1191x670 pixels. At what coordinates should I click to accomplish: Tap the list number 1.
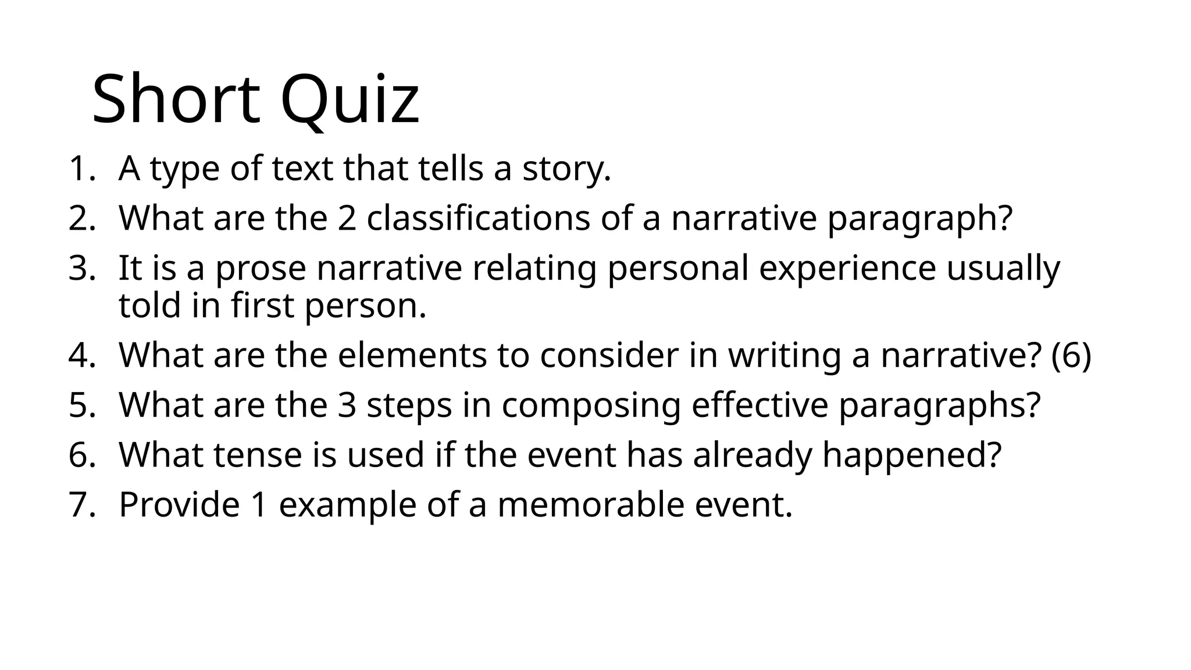[x=79, y=169]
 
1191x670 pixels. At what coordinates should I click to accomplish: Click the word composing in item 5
[x=591, y=406]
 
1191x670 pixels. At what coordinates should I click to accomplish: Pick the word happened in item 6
[x=912, y=456]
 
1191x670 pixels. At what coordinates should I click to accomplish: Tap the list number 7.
[x=79, y=504]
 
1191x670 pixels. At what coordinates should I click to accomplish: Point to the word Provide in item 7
[x=179, y=504]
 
